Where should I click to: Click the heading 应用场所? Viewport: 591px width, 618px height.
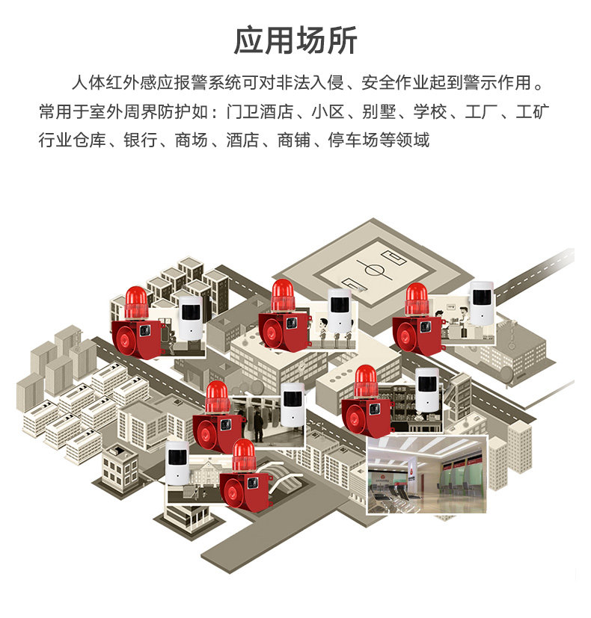[x=295, y=40]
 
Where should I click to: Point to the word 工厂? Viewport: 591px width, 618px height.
[x=481, y=112]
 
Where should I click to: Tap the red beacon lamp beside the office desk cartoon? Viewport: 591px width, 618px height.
[x=417, y=298]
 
